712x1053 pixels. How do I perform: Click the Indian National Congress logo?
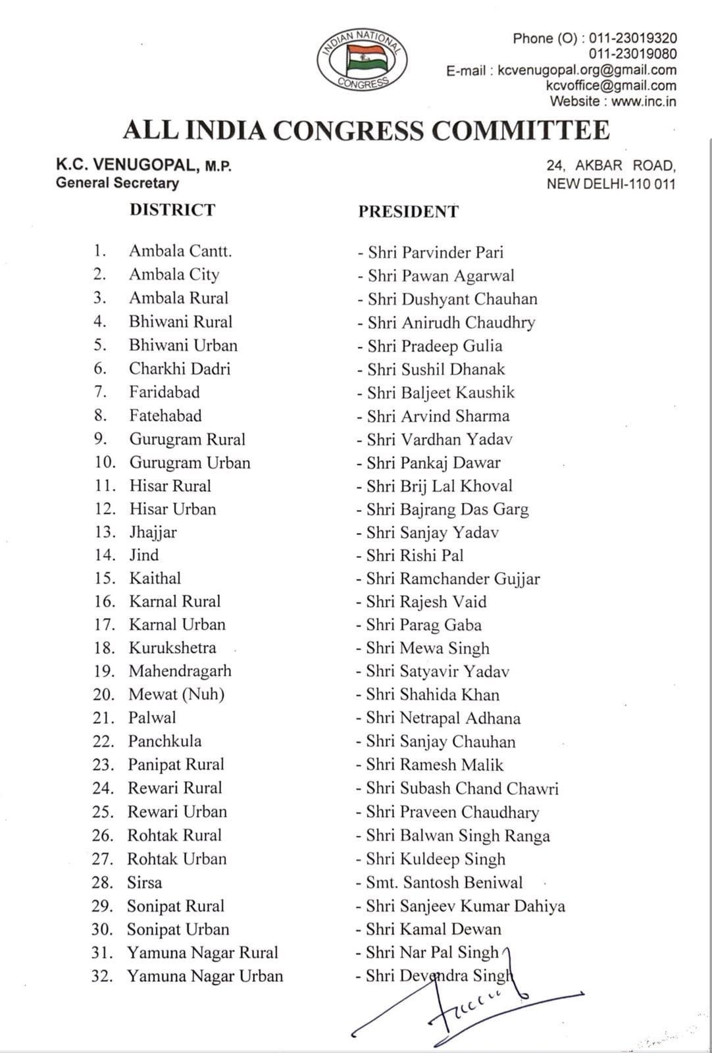361,60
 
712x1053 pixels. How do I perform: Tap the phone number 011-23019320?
632,39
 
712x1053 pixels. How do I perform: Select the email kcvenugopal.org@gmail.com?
587,70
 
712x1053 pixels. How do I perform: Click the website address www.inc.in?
643,101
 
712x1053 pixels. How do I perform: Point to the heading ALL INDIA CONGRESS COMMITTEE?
366,130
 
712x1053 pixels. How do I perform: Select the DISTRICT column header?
172,210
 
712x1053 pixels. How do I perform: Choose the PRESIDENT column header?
408,211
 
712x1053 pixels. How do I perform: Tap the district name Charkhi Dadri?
180,369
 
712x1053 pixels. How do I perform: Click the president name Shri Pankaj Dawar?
434,463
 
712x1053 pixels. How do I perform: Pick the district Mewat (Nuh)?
176,694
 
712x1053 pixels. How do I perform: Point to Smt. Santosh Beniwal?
440,883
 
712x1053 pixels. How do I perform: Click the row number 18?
104,648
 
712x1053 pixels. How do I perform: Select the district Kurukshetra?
172,648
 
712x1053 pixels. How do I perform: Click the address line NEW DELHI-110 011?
611,184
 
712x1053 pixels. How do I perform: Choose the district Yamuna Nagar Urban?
205,976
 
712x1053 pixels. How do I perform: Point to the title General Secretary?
117,183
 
